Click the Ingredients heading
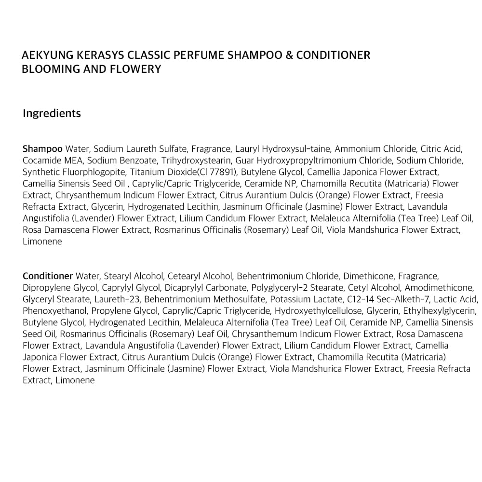pos(52,114)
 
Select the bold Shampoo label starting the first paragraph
pos(42,149)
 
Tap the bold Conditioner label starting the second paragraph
pos(48,276)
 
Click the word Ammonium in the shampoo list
pos(355,149)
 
